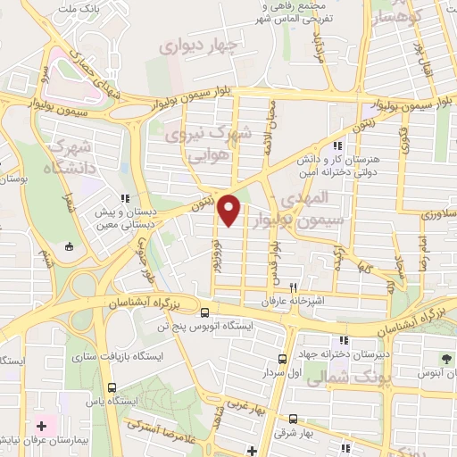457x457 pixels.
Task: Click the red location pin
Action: point(229,210)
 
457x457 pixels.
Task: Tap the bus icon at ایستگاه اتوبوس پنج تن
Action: point(206,313)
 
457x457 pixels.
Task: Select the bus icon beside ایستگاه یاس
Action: point(112,387)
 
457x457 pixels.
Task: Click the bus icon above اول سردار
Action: point(282,359)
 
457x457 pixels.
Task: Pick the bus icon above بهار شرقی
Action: point(293,418)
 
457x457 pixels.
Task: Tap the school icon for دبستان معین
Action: point(126,199)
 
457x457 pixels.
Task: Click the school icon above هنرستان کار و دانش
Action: point(336,145)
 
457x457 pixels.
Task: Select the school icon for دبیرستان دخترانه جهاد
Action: point(344,339)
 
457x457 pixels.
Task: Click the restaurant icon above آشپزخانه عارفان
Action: point(292,288)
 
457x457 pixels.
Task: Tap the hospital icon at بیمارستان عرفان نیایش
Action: point(41,427)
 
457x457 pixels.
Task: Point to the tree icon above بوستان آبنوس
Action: point(421,359)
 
